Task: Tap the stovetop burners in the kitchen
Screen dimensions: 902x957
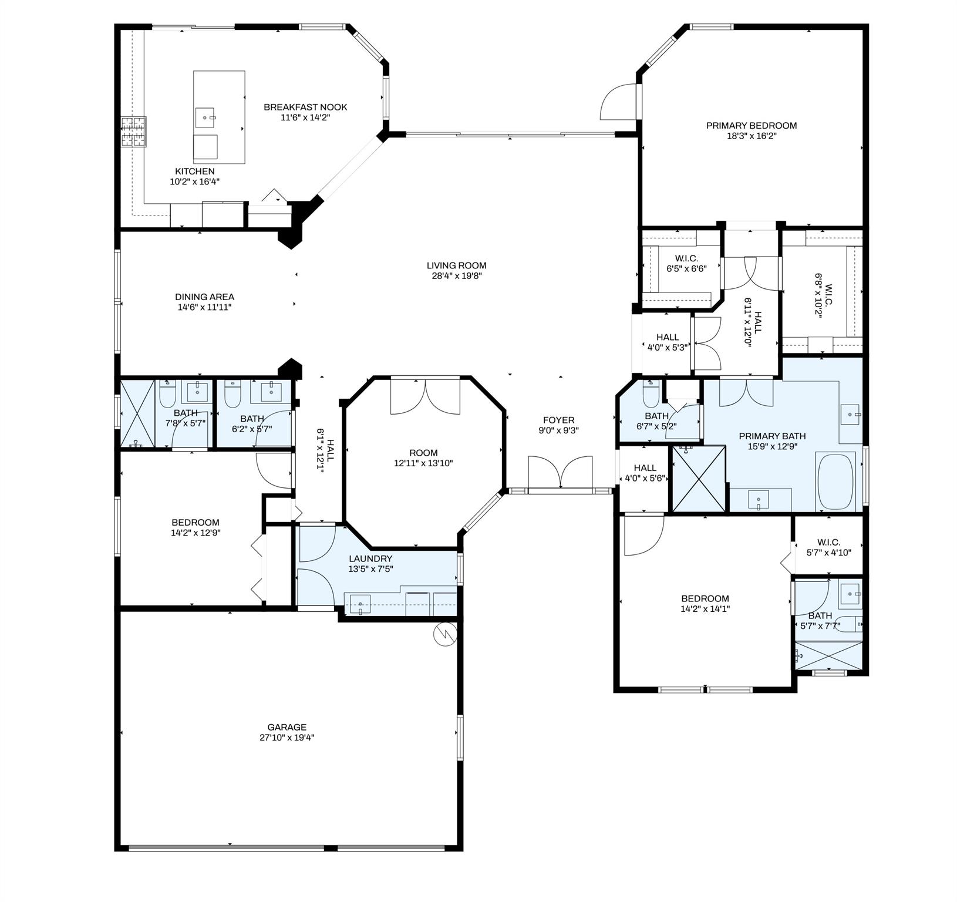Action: pos(134,132)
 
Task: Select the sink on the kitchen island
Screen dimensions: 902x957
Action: pos(205,117)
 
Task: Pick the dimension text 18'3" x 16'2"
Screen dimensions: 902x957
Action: pos(751,136)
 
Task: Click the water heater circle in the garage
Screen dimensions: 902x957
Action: pos(444,634)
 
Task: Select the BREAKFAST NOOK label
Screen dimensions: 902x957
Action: pos(305,107)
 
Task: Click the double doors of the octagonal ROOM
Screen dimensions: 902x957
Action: pos(426,396)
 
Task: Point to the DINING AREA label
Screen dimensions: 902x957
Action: pos(204,297)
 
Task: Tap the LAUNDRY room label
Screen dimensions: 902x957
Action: pos(370,558)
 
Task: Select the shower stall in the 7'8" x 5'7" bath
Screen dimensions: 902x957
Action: pos(137,414)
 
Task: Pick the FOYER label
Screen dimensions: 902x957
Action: pos(558,420)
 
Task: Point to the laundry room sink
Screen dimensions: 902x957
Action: pos(360,604)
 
